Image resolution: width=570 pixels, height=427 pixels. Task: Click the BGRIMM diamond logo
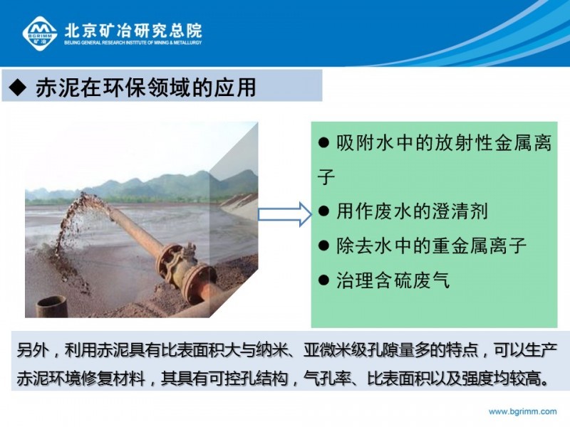click(x=40, y=33)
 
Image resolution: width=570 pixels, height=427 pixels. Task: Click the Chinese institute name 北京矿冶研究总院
click(x=133, y=31)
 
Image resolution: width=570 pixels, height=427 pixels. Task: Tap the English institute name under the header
click(x=133, y=43)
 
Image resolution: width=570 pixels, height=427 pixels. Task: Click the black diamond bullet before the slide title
click(x=18, y=88)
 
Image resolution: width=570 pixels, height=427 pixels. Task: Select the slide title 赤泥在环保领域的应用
click(x=146, y=88)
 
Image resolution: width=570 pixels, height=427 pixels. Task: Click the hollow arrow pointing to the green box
click(x=285, y=214)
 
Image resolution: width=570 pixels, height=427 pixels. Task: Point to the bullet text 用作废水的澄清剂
click(x=412, y=211)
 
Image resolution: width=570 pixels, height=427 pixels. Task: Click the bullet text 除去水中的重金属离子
click(x=432, y=246)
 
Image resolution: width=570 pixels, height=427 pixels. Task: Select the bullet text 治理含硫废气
click(x=393, y=280)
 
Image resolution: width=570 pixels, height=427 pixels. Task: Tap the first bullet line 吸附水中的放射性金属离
click(x=444, y=143)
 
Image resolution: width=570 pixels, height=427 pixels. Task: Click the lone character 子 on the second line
click(x=326, y=176)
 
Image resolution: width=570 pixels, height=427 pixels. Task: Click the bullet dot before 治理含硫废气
click(x=323, y=280)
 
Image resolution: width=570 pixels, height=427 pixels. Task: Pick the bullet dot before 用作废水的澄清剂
click(x=323, y=211)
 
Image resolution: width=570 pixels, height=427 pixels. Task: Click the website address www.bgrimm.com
click(x=522, y=411)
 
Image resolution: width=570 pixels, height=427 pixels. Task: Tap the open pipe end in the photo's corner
click(x=51, y=307)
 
